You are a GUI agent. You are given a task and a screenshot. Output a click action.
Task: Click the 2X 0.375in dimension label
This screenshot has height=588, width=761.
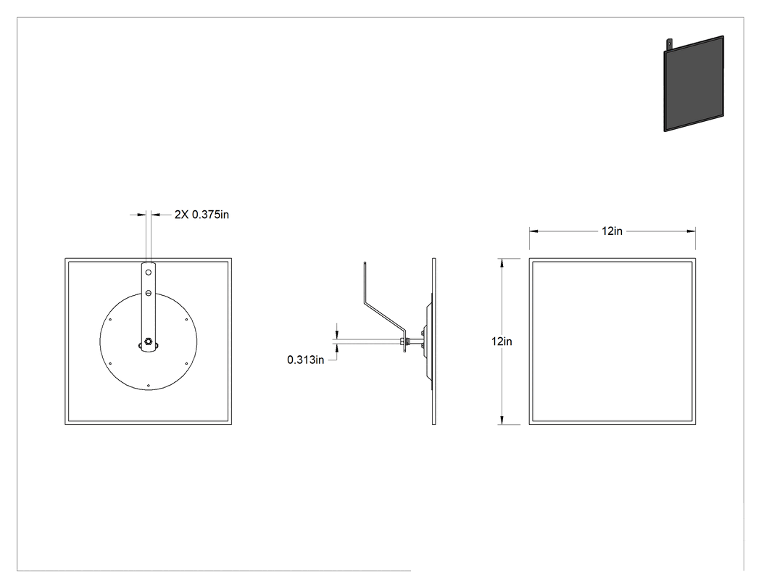click(201, 214)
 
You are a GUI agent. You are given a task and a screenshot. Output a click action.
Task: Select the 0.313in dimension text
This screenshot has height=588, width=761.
click(305, 360)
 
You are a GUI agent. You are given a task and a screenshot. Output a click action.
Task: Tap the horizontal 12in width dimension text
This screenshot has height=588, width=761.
click(612, 231)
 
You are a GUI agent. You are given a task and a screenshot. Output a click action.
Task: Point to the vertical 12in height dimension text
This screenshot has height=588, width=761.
click(502, 341)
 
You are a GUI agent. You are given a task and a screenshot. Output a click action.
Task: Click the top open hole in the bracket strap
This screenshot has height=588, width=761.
click(149, 273)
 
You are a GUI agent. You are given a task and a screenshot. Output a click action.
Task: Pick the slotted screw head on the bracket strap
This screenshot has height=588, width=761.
click(149, 293)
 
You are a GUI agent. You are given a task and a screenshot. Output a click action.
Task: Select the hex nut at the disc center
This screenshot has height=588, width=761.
click(149, 341)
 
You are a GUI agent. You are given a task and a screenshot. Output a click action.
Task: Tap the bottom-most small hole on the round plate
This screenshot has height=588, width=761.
click(148, 386)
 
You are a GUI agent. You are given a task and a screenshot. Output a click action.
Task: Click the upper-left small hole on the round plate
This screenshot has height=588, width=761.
click(111, 320)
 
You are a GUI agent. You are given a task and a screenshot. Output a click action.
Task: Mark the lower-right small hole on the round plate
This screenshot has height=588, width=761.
click(186, 363)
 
